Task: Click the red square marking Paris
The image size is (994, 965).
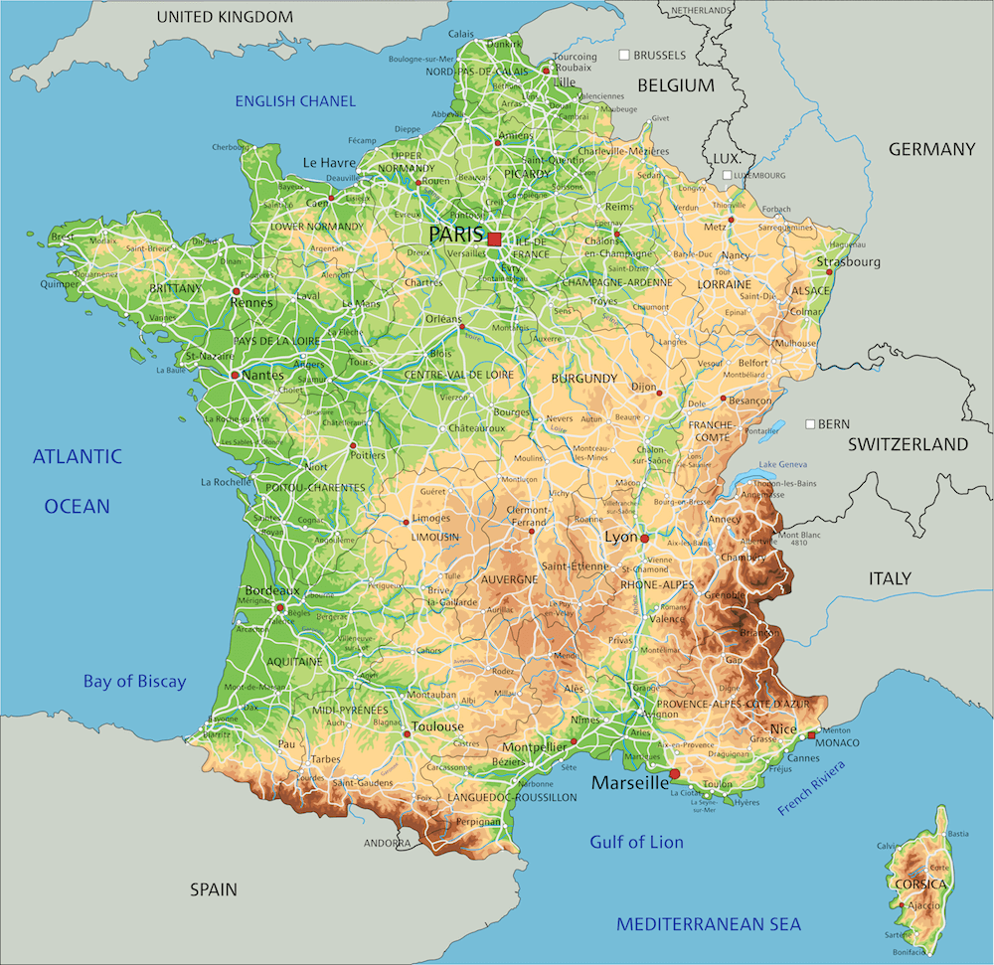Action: [494, 239]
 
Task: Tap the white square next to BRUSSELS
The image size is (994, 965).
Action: [624, 55]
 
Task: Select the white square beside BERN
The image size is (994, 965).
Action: [811, 423]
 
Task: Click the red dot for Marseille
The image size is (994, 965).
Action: [675, 773]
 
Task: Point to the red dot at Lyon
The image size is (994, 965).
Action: [644, 538]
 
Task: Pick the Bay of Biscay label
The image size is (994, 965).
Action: [134, 681]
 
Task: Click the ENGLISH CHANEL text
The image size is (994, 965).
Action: [295, 100]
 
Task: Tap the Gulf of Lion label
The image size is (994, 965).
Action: [636, 842]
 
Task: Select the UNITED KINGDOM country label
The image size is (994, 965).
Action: [226, 17]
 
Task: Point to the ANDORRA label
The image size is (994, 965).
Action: [387, 843]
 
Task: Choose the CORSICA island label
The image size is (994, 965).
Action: [912, 883]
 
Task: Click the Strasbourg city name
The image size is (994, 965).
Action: [849, 262]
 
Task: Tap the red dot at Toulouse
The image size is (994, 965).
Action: [407, 734]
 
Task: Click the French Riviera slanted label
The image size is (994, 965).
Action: [811, 788]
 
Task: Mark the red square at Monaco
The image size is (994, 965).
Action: [812, 735]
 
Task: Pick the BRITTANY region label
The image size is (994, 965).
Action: [175, 287]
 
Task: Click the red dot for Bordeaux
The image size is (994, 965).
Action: [279, 606]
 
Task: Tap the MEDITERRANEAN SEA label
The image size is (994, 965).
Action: [708, 924]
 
